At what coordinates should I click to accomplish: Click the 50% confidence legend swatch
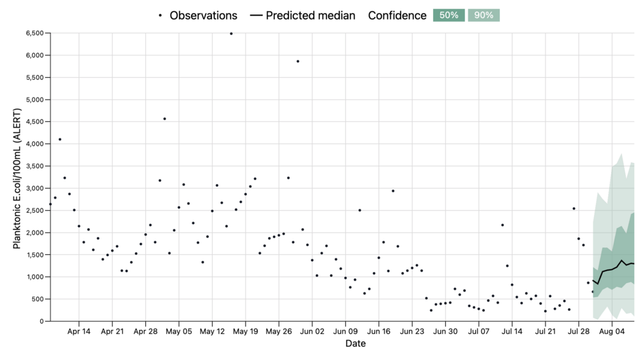point(449,15)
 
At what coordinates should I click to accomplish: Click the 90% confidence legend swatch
point(483,15)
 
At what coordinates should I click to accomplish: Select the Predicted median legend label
point(310,15)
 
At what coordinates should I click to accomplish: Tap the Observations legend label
point(203,15)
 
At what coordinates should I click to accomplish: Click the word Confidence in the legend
point(398,15)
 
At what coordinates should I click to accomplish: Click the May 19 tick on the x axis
point(245,332)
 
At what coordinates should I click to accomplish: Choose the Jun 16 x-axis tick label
point(378,332)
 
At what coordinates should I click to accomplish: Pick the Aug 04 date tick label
point(612,332)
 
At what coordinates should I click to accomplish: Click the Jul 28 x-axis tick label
point(578,332)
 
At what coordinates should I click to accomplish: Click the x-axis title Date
point(355,344)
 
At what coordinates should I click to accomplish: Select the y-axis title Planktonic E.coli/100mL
point(17,177)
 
